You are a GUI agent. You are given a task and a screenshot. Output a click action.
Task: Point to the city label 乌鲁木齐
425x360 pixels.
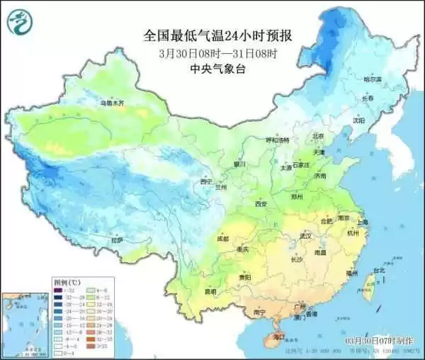110,103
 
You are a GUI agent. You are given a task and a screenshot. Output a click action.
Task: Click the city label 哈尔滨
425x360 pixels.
372,78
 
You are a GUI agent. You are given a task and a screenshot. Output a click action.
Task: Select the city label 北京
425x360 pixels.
318,135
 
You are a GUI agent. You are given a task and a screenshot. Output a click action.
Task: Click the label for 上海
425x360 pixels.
362,221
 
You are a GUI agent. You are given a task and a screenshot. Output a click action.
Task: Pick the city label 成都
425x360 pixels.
223,239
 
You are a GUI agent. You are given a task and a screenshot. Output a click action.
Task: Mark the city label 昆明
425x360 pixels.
210,291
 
